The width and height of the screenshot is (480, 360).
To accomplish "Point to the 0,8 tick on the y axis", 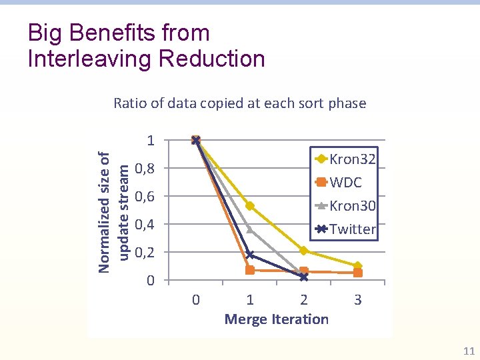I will (x=145, y=168).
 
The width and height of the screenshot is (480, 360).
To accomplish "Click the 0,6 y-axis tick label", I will (x=145, y=196).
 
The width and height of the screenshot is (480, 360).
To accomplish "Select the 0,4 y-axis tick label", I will (x=145, y=224).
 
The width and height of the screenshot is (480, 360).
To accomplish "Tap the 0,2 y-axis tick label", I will (x=145, y=252).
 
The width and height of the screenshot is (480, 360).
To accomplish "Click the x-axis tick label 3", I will (x=358, y=300).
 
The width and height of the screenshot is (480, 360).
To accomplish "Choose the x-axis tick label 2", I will (x=304, y=300).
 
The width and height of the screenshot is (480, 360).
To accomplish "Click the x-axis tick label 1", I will (x=250, y=300).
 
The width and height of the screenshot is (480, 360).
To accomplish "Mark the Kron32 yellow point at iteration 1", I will (x=250, y=206).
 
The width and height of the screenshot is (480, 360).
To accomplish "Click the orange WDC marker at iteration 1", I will (x=250, y=270).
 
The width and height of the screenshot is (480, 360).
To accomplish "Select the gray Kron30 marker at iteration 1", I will (x=250, y=229).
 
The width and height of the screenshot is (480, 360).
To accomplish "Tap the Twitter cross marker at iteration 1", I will (x=250, y=255).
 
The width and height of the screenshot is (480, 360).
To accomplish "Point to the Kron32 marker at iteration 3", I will (x=358, y=266).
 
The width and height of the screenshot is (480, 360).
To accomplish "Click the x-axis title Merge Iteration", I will (x=277, y=319).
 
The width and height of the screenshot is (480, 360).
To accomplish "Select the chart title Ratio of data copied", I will (x=240, y=103).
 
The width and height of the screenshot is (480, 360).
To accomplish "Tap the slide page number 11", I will (x=468, y=351).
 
